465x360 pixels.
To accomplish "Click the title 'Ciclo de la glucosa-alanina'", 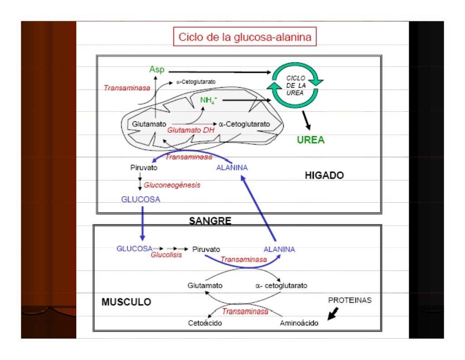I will (x=245, y=37).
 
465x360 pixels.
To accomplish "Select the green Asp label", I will (x=157, y=70).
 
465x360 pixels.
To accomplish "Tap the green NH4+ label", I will (x=208, y=100).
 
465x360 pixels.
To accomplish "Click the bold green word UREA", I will (x=311, y=140).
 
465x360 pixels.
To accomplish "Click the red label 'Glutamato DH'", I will (x=191, y=130).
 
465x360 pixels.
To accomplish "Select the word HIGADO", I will (x=324, y=175).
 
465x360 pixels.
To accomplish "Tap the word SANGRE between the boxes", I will (x=210, y=221).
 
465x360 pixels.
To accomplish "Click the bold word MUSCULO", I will (x=126, y=302).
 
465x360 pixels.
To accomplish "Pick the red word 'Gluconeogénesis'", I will (x=172, y=185).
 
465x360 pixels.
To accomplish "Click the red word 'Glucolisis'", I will (x=166, y=255).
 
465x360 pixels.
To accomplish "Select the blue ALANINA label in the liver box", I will (x=232, y=168).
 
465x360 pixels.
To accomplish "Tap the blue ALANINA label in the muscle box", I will (x=279, y=249).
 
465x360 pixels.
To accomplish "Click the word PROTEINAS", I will (x=350, y=300).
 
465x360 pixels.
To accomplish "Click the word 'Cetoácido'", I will (x=205, y=323).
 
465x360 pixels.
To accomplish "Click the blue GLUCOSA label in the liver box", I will (x=140, y=199).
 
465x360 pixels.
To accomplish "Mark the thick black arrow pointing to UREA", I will (x=307, y=120).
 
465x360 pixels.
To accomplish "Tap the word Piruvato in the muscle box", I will (x=206, y=249).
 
